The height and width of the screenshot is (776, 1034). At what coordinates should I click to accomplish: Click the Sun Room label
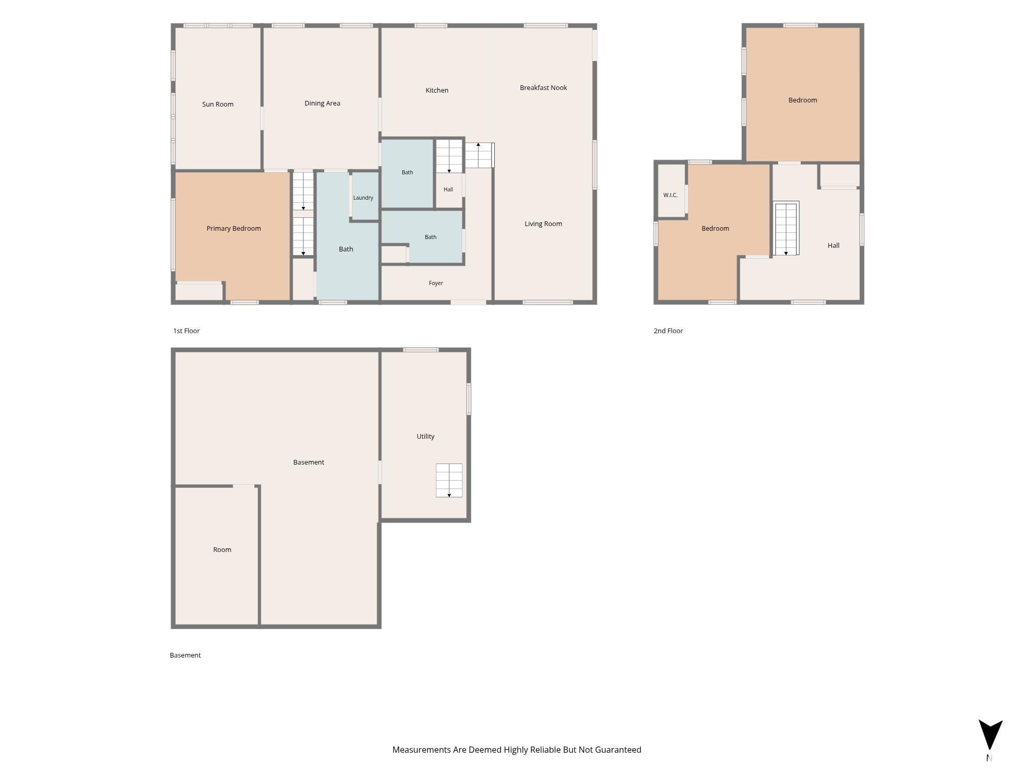[218, 104]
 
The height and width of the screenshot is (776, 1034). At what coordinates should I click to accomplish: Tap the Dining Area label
[322, 103]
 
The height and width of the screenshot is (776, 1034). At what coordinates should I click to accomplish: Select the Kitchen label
[437, 90]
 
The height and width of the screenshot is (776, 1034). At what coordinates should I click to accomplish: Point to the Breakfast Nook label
[543, 87]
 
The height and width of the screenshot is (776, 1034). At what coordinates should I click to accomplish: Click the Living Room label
[543, 223]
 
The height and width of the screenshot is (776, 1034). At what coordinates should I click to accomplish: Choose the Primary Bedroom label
[234, 228]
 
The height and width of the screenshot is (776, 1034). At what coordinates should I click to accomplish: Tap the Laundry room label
[363, 198]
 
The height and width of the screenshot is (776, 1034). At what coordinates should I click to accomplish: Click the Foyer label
[436, 283]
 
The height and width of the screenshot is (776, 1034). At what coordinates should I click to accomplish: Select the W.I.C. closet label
[670, 195]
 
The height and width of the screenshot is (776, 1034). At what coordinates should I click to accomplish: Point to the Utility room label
[425, 436]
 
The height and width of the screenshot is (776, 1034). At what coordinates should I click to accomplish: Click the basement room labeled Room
[222, 549]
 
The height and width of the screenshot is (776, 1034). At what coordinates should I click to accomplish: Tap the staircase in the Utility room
[449, 481]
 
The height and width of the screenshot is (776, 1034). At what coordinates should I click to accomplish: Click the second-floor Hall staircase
[786, 229]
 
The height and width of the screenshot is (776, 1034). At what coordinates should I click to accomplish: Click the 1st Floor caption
[186, 331]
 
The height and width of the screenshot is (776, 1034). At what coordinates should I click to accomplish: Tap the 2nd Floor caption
[668, 331]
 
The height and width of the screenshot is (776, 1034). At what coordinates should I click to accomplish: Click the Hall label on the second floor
[833, 245]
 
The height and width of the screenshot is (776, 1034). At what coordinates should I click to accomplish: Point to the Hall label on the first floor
[448, 189]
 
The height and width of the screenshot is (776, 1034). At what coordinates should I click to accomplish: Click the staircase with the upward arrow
[479, 155]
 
